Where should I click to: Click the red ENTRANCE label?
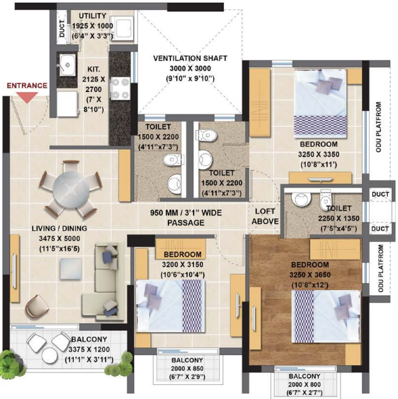pos(27,85)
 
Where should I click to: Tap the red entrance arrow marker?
pos(26,97)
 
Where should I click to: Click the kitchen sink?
pos(68,66)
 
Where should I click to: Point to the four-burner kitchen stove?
pos(120,87)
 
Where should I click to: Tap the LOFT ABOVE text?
pos(265,215)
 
